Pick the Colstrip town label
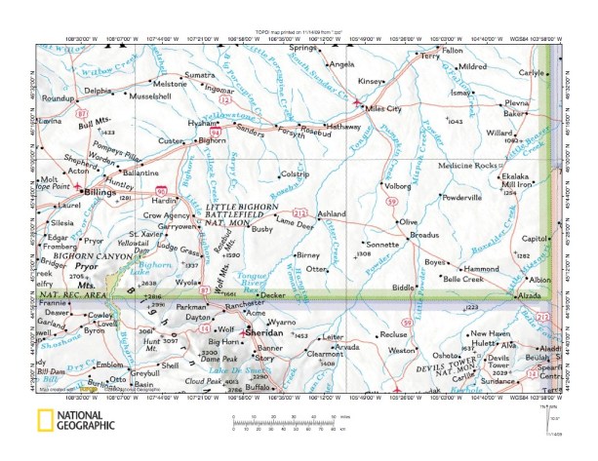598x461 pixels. [294, 173]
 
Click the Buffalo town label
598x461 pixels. [258, 387]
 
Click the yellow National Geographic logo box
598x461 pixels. [44, 421]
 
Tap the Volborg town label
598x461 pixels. [397, 185]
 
